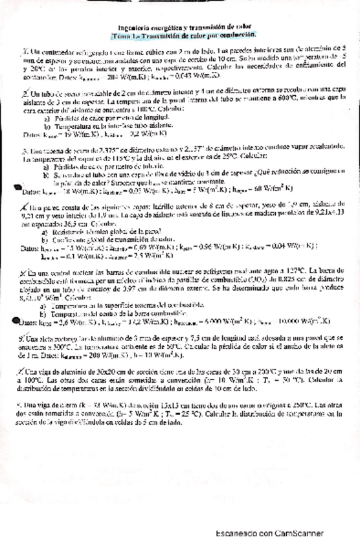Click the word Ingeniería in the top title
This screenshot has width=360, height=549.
click(x=123, y=28)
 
